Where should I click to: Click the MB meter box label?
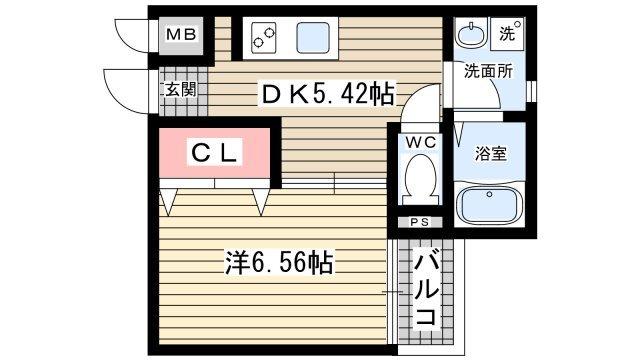tap(181, 36)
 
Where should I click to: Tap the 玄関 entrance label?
tap(181, 89)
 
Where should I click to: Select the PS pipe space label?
tap(418, 222)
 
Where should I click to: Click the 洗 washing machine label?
tap(508, 33)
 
